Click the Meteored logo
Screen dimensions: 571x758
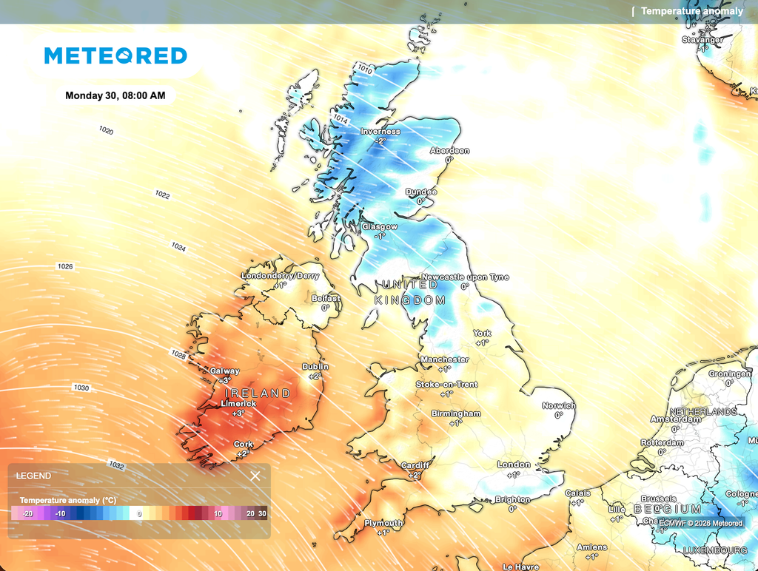click(x=115, y=55)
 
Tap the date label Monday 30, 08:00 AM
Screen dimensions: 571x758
click(x=115, y=95)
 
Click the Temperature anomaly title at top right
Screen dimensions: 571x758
click(x=691, y=11)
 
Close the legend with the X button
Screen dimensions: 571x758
click(x=255, y=476)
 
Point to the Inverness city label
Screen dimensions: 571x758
click(x=380, y=132)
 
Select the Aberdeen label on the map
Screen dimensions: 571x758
click(x=449, y=151)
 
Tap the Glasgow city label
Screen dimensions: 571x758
click(x=380, y=227)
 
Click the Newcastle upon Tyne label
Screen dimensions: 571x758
click(x=465, y=277)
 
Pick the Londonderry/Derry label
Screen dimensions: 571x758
click(x=280, y=276)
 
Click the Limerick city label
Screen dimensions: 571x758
click(x=238, y=404)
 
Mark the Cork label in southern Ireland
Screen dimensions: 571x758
click(x=244, y=445)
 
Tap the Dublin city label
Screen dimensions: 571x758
click(x=315, y=367)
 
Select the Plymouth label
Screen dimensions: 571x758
click(x=383, y=523)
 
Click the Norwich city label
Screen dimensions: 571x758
click(x=558, y=406)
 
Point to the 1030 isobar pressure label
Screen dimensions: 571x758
click(x=81, y=388)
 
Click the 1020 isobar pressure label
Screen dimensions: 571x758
click(x=106, y=130)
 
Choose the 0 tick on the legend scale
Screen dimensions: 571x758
click(x=139, y=513)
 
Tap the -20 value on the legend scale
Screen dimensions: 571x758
click(x=27, y=513)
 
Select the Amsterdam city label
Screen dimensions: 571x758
click(x=675, y=419)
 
